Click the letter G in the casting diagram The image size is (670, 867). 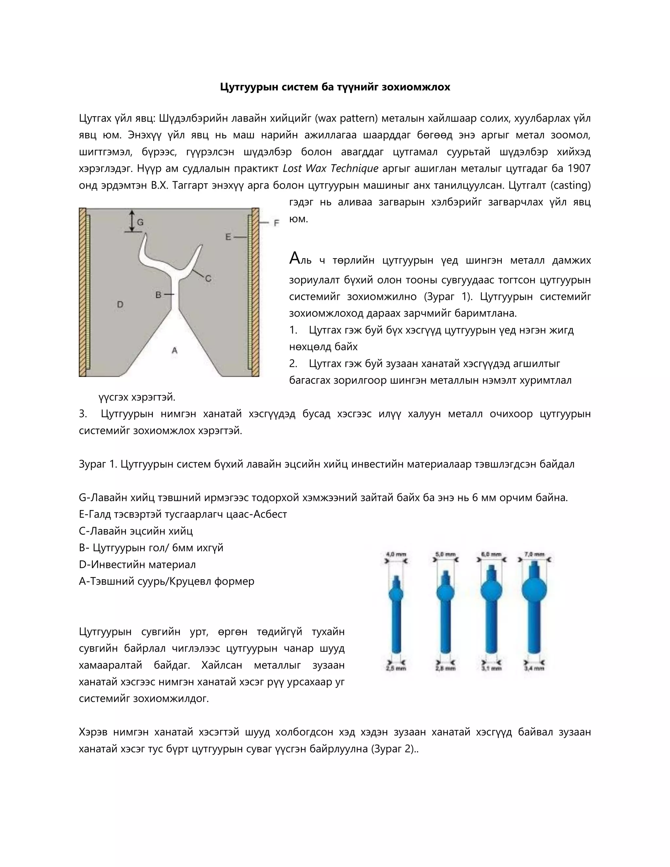click(140, 222)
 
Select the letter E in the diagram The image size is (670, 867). click(228, 237)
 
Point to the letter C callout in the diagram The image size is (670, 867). click(208, 279)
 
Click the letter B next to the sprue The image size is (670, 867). click(158, 294)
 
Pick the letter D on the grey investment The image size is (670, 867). click(120, 305)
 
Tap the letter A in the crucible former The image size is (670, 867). click(174, 350)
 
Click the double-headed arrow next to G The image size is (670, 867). click(132, 221)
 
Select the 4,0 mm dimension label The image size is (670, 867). click(396, 554)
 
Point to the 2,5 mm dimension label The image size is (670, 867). click(396, 668)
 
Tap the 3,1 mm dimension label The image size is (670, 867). click(491, 668)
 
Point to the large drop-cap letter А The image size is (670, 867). click(295, 258)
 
